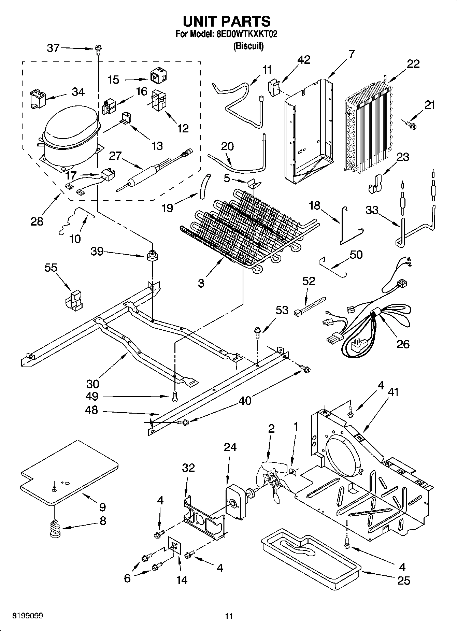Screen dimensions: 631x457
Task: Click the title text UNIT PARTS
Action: click(227, 21)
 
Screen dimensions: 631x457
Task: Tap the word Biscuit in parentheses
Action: click(248, 46)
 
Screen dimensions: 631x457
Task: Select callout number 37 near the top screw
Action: click(53, 48)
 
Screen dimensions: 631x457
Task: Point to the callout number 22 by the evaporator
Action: click(413, 64)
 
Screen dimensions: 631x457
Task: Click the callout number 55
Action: click(51, 268)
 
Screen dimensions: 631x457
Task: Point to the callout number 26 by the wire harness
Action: click(403, 344)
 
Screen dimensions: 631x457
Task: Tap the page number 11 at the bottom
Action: click(229, 616)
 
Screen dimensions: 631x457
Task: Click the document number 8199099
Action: click(28, 616)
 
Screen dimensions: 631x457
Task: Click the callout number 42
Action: click(303, 60)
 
